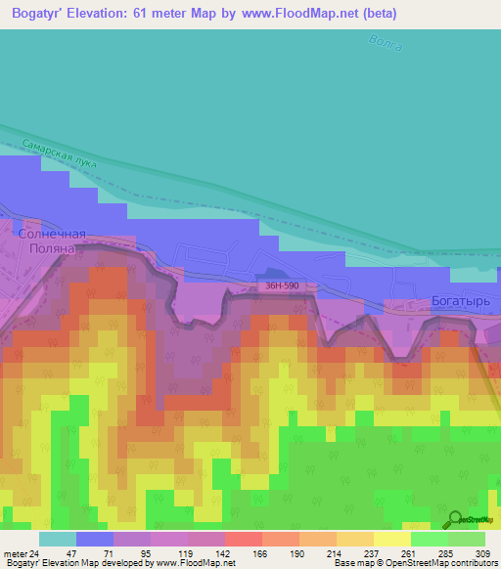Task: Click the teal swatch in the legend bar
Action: (x=58, y=539)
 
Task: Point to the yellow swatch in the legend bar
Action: (x=391, y=539)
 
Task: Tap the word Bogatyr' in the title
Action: (x=44, y=14)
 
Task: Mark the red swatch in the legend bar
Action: (x=243, y=539)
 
